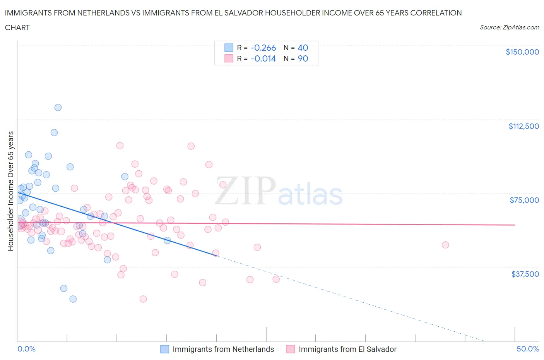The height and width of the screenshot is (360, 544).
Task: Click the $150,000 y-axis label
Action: (522, 52)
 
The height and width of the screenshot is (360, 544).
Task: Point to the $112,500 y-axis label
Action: (523, 126)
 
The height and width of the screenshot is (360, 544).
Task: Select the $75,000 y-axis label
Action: (524, 200)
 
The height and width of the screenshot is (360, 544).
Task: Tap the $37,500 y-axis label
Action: (525, 274)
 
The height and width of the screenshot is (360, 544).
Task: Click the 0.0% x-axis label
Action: (26, 349)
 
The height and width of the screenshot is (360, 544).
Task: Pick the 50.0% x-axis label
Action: (528, 349)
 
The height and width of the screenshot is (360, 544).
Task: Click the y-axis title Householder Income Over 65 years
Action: (10, 191)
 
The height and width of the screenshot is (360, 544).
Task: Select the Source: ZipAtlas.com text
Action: (509, 27)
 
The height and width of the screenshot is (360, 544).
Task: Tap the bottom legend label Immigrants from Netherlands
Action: (223, 349)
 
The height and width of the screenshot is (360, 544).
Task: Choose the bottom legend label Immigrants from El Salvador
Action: (347, 349)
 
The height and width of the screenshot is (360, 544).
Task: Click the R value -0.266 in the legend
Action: (263, 48)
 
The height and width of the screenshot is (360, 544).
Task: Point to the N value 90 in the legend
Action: (303, 58)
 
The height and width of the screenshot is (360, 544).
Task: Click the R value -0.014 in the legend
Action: (263, 58)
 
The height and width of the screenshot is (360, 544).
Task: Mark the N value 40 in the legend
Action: (303, 48)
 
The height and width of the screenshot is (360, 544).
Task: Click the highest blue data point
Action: (58, 107)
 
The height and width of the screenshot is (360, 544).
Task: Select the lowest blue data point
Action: (73, 299)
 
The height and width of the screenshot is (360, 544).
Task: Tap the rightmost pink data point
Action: (445, 245)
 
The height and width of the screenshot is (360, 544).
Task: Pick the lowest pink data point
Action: (143, 299)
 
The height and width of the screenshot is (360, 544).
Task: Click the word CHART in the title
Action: (17, 27)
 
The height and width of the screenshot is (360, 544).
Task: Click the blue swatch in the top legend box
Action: (229, 48)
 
